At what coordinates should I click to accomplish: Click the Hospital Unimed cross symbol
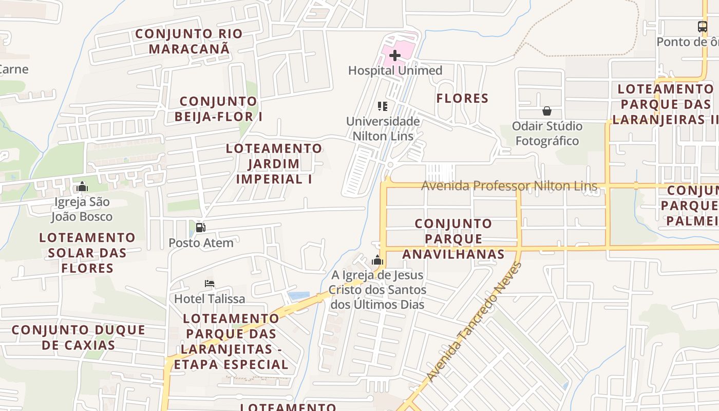[395, 55]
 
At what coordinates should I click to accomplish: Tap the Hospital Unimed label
[395, 70]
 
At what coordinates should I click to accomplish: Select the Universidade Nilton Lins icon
[383, 106]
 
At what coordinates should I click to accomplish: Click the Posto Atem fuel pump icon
[201, 228]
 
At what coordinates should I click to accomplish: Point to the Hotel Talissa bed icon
[209, 284]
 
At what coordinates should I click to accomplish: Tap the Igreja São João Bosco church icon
[82, 186]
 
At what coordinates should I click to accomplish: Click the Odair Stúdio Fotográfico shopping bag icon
[547, 111]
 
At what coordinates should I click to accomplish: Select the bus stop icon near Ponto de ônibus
[702, 27]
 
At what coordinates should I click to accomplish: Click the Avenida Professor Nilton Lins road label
[509, 185]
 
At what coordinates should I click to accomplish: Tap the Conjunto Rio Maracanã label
[189, 42]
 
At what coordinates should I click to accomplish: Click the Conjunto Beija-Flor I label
[218, 109]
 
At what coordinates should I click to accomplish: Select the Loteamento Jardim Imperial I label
[274, 164]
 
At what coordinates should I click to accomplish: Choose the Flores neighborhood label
[462, 98]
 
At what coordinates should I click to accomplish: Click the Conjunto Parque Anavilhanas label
[453, 239]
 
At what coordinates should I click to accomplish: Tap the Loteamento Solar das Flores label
[87, 253]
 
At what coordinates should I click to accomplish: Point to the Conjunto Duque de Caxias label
[79, 337]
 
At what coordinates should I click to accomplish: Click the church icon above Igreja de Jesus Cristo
[377, 260]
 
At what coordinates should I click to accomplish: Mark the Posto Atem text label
[201, 243]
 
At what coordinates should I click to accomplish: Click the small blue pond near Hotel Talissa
[299, 296]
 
